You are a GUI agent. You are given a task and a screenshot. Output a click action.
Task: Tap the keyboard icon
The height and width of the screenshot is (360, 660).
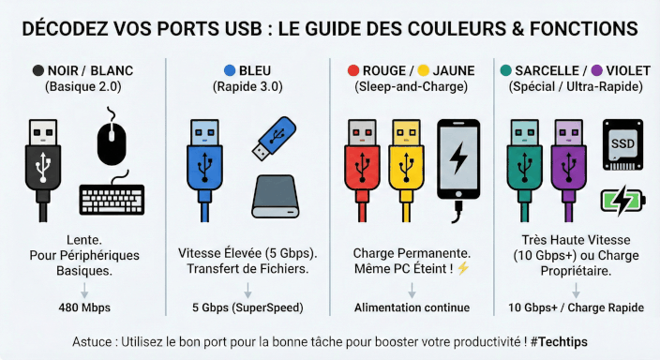(x=112, y=196)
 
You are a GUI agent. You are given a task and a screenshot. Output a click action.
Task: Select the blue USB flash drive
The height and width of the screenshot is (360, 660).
(x=274, y=138)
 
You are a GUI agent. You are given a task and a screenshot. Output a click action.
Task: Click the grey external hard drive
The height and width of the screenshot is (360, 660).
(x=276, y=196)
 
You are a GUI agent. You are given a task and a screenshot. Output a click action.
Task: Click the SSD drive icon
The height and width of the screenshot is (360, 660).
(x=622, y=144)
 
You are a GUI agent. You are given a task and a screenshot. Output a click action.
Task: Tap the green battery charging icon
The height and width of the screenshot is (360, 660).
(x=622, y=201)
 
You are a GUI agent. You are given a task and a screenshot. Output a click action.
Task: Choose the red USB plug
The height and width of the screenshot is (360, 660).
(x=362, y=170)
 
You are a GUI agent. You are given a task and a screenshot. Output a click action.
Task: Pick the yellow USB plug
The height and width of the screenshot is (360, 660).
(x=406, y=170)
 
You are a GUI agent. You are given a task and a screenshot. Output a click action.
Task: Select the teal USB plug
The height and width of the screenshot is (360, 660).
(x=524, y=170)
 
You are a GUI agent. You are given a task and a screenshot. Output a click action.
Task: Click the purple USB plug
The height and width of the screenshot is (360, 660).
(x=569, y=170)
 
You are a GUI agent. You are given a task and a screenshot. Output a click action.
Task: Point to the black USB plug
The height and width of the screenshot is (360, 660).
(x=43, y=170)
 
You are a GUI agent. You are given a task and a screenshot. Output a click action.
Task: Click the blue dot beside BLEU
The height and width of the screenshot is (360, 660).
(x=230, y=70)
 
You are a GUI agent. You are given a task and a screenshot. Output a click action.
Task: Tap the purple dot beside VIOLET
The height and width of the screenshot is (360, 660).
(x=597, y=70)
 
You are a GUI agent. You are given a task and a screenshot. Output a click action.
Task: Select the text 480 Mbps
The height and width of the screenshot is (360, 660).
(x=84, y=307)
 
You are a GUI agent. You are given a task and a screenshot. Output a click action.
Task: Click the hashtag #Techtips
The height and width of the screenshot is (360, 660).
(x=559, y=341)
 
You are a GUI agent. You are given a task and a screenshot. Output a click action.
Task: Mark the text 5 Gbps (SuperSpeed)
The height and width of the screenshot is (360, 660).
(x=247, y=307)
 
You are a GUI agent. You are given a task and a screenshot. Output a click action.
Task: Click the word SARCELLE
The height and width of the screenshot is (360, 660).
(x=547, y=70)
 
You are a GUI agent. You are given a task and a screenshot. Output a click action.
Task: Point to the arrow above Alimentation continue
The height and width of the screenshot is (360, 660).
(x=412, y=291)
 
